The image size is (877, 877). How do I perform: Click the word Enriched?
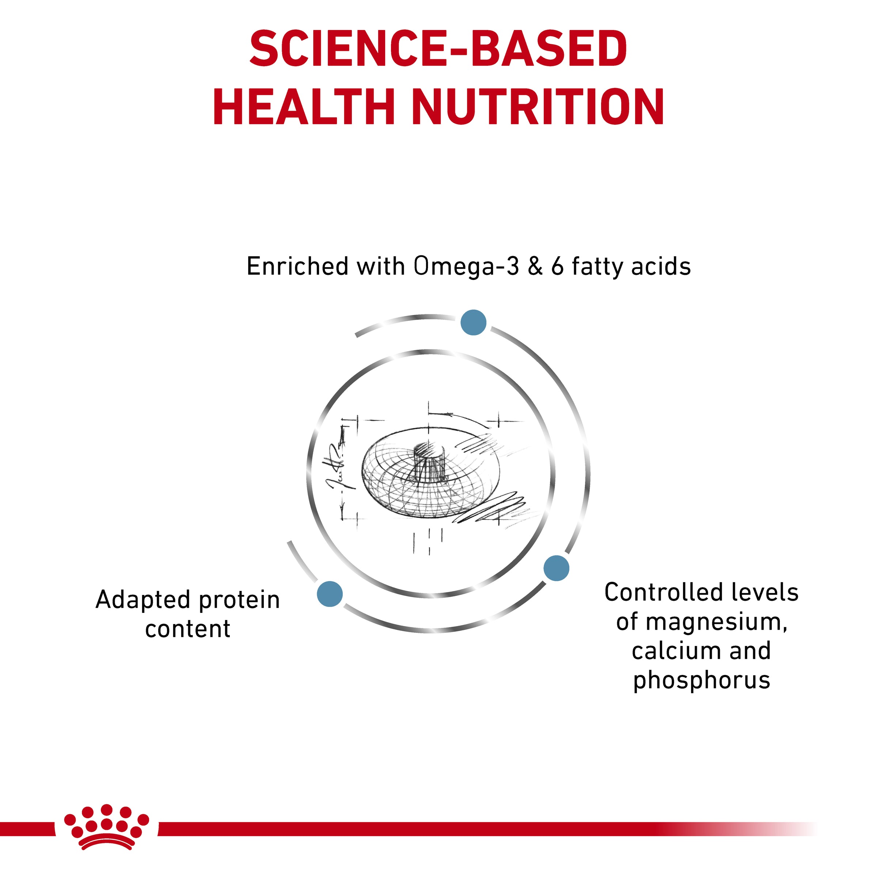(297, 266)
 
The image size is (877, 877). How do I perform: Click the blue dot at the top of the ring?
(474, 322)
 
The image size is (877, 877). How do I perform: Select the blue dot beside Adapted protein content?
(330, 593)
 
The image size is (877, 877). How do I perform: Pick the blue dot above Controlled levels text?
(556, 568)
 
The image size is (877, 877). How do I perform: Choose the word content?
(187, 629)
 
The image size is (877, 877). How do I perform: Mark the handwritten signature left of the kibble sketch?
(336, 472)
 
